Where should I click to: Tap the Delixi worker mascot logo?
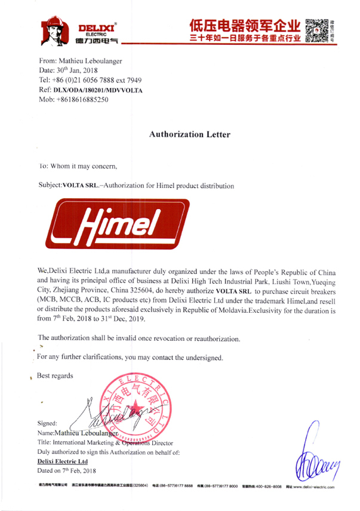[x=56, y=31]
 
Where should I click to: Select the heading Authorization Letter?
[x=189, y=135]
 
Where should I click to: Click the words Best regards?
[x=56, y=376]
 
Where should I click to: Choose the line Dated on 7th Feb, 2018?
[x=70, y=472]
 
